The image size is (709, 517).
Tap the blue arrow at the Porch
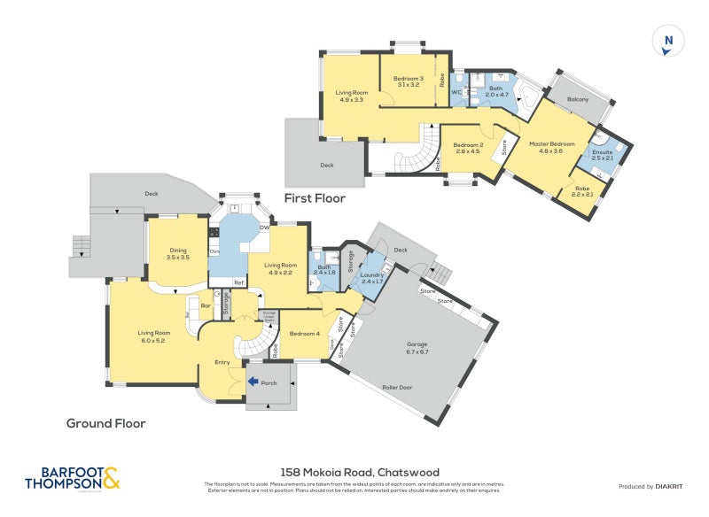pos(253,382)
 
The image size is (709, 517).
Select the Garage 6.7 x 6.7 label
pos(417,348)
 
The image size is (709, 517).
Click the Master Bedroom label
pos(551,147)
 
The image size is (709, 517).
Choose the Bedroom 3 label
pos(409,81)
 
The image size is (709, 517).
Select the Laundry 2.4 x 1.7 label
pos(373,279)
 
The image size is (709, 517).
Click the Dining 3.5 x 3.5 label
pos(179,253)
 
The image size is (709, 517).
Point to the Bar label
pos(205,307)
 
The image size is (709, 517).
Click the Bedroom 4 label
pos(305,334)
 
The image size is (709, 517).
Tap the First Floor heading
pos(315,199)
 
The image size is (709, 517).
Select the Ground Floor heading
pos(105,423)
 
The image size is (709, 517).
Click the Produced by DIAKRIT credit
pos(652,487)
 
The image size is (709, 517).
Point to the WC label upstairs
pos(456,91)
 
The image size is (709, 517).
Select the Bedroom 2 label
pos(467,148)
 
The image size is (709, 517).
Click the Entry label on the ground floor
pos(223,363)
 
